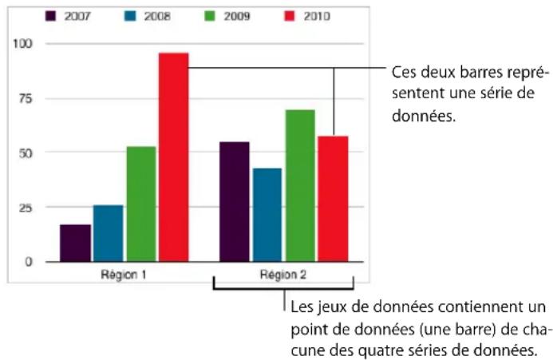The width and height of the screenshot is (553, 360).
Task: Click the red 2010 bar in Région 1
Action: (173, 157)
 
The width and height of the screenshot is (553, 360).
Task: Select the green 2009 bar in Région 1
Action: (141, 204)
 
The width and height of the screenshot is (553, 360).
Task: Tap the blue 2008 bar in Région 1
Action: (109, 233)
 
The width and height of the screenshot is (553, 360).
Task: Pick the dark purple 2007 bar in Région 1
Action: (76, 243)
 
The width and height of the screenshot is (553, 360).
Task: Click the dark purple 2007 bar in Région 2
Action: (235, 202)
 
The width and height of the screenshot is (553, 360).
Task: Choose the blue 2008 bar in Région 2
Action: (267, 215)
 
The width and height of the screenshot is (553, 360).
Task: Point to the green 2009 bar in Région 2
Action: (301, 186)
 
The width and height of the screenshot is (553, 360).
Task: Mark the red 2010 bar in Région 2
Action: (334, 199)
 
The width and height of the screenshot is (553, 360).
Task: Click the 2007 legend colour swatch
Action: (50, 16)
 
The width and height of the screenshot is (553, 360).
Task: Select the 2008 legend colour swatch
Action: (130, 16)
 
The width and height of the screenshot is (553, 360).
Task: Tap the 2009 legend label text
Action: (237, 16)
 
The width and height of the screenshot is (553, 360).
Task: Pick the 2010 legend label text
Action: (317, 16)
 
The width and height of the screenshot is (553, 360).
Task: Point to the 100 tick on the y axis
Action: (22, 44)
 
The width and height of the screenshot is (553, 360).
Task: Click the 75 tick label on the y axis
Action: (26, 98)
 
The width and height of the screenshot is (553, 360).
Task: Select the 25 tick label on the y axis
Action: (26, 208)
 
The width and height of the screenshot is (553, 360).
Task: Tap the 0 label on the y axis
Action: (29, 262)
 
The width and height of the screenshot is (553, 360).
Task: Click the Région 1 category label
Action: (124, 275)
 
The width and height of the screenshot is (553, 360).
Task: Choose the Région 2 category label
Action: (283, 275)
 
